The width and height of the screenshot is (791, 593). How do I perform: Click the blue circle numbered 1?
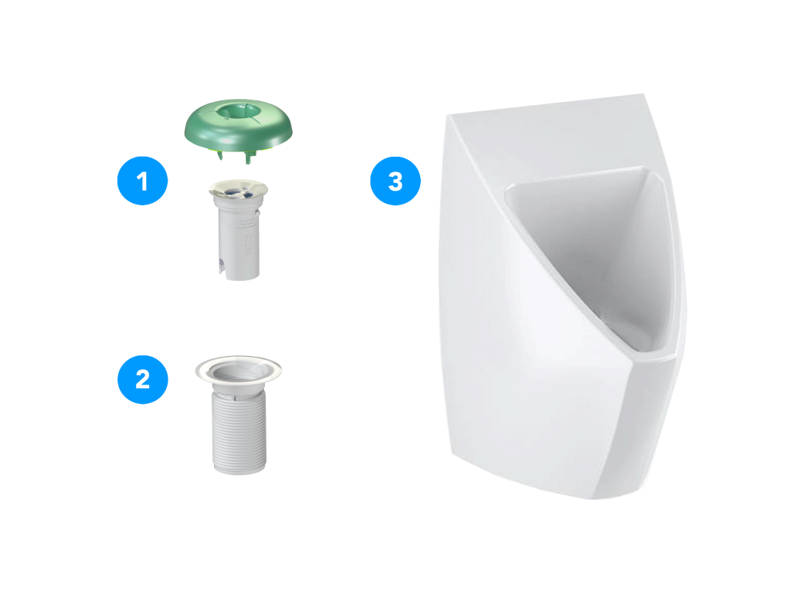pos(142,181)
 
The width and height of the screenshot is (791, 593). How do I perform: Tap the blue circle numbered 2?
pos(142,379)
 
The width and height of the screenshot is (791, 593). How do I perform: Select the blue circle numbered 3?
pos(395,181)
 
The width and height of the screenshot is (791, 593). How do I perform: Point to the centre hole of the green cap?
pos(238,110)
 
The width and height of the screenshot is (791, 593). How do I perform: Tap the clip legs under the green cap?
pos(235,154)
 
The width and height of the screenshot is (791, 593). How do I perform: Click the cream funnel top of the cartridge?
pos(238,189)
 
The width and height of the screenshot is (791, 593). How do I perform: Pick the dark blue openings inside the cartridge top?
pos(238,190)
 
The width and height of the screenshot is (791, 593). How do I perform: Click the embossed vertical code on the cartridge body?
pos(247,244)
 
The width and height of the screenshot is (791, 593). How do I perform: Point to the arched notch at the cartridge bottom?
pos(222,266)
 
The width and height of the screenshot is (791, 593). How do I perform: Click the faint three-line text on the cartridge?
pos(246,224)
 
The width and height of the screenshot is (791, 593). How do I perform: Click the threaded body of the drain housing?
pos(239,431)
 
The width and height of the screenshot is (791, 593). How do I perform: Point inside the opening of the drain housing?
pos(238,370)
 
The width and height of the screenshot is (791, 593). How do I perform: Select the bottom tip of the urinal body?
pos(600,499)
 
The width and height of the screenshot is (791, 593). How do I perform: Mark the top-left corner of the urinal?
pos(447,116)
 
